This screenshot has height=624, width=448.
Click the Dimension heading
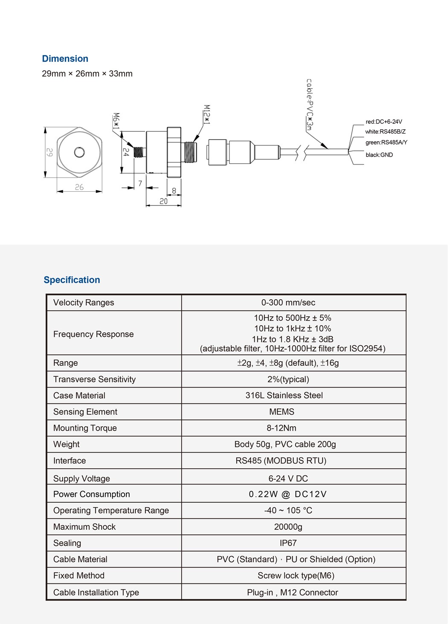click(65, 59)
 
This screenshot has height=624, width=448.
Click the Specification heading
click(72, 280)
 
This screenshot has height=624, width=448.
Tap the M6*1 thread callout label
click(116, 122)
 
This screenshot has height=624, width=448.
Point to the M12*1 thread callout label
click(207, 114)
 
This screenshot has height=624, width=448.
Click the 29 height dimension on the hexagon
click(50, 152)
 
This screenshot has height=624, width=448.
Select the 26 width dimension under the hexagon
click(79, 187)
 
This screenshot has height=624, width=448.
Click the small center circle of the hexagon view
click(79, 152)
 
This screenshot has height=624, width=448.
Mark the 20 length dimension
click(163, 201)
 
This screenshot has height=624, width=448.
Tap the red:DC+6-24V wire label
click(384, 122)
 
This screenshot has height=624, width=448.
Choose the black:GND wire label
click(379, 155)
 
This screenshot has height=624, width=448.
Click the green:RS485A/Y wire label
click(386, 143)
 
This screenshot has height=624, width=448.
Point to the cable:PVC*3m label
click(310, 104)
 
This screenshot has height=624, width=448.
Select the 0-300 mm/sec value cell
click(288, 303)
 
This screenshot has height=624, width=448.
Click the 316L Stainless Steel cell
click(284, 396)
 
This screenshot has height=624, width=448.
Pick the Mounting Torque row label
click(85, 428)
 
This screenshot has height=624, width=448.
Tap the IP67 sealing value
click(288, 543)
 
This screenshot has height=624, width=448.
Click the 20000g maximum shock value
click(288, 527)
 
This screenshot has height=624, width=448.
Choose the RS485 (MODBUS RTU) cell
click(281, 461)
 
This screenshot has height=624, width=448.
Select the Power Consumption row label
click(91, 494)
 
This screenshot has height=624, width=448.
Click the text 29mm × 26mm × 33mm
click(87, 74)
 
